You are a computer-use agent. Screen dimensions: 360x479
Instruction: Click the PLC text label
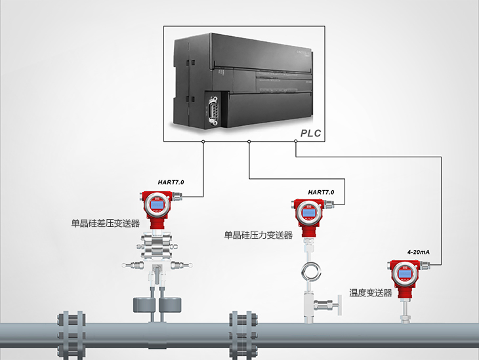point(310,133)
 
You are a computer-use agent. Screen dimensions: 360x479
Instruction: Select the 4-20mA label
point(418,252)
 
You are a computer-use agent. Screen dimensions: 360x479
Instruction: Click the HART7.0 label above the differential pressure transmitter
point(171,182)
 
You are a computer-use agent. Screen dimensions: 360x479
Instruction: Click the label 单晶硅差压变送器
point(106,223)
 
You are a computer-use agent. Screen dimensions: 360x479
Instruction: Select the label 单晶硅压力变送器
point(259,235)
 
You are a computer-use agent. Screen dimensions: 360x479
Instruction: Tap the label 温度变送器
point(371,293)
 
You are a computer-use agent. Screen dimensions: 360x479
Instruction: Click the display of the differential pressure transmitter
point(157,205)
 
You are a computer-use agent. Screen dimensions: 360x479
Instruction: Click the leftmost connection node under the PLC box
point(203,142)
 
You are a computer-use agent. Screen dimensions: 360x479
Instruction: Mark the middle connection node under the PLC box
point(249,142)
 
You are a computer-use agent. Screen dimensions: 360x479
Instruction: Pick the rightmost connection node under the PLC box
point(295,142)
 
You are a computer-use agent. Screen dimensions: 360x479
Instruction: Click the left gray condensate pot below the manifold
point(144,304)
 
